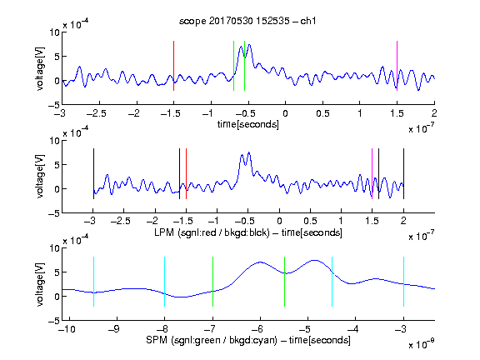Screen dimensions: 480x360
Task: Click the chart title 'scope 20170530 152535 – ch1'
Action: [247, 21]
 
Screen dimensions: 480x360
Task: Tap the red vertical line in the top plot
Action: [173, 66]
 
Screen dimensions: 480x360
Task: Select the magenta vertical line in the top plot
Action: [397, 66]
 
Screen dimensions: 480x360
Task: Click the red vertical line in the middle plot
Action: [186, 173]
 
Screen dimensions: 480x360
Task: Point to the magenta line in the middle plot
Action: [372, 173]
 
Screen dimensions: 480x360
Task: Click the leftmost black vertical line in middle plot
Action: [93, 173]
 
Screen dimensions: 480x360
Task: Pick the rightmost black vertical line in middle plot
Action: [403, 173]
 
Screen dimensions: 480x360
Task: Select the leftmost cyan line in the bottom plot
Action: [93, 282]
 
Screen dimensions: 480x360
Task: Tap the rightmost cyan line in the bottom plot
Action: [403, 282]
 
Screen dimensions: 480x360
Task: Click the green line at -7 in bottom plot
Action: [212, 282]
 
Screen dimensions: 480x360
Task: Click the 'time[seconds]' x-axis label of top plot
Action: [248, 124]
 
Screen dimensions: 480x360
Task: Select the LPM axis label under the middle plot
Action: [248, 232]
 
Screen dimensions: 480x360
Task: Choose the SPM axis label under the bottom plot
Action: [248, 340]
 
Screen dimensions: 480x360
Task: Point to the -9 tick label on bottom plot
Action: [114, 329]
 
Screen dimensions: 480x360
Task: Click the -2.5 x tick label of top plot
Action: [96, 113]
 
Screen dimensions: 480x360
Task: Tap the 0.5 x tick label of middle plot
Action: [310, 221]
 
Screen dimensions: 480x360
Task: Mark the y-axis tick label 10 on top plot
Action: [54, 32]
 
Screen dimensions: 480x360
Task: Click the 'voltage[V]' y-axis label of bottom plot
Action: [40, 284]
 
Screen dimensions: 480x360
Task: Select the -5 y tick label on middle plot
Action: [54, 213]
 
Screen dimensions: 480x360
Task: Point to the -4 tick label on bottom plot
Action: [353, 329]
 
